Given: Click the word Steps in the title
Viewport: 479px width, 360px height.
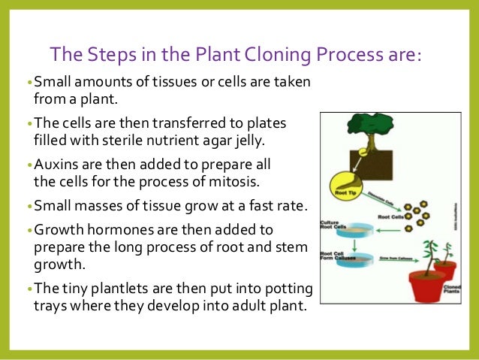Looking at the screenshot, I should pyautogui.click(x=99, y=56).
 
